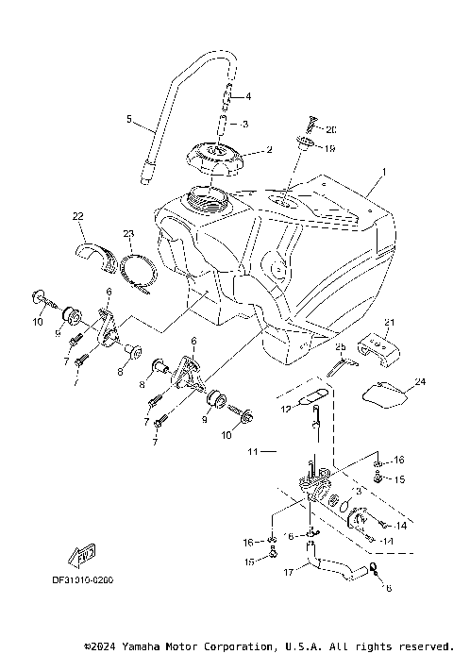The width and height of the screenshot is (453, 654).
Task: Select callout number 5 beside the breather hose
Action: [128, 120]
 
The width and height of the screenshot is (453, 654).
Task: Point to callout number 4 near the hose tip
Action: [248, 96]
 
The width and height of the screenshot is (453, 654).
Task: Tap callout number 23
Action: [128, 233]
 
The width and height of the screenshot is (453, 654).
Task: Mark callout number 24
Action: [420, 382]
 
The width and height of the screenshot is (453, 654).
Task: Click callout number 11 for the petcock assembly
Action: [252, 452]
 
